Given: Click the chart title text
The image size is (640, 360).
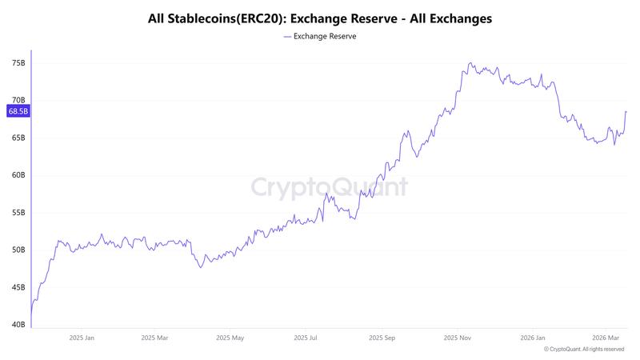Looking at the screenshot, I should tap(320, 17).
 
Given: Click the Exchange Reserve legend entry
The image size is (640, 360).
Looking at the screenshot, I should tap(320, 36).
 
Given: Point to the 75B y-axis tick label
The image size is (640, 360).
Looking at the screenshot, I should tap(18, 62).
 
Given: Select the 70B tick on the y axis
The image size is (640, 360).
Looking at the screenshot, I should tap(18, 100).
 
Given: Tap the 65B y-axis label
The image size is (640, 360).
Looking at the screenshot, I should tap(18, 138).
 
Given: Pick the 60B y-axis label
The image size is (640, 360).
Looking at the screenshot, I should tap(18, 175).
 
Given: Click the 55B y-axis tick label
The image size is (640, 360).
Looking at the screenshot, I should tap(18, 213).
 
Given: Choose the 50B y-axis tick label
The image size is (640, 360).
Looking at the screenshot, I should tap(18, 250).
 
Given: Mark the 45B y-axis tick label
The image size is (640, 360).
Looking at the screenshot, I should tap(18, 287).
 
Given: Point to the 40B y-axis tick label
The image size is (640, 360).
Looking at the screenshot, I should tap(18, 324).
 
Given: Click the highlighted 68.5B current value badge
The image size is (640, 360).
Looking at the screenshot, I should tap(18, 111).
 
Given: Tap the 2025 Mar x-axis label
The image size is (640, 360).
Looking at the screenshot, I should tap(154, 338).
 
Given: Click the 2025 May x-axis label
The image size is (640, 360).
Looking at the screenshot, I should tap(230, 338).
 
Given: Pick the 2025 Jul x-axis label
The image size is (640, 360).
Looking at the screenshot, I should tap(305, 338).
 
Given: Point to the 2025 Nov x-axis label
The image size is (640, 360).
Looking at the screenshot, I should tap(457, 338).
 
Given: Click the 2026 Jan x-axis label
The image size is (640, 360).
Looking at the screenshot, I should tap(532, 338).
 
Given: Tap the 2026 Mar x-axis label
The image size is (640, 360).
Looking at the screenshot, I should tap(605, 338).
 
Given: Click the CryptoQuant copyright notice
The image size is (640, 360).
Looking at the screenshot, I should tap(584, 350).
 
